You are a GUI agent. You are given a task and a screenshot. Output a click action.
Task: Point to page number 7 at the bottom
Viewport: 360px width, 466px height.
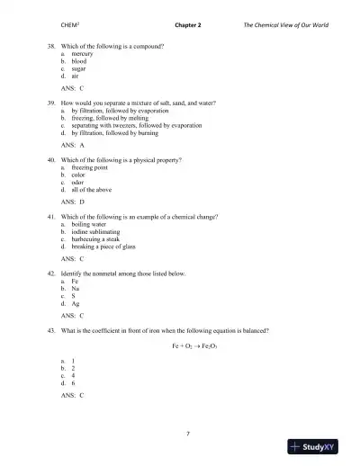click(x=187, y=434)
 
